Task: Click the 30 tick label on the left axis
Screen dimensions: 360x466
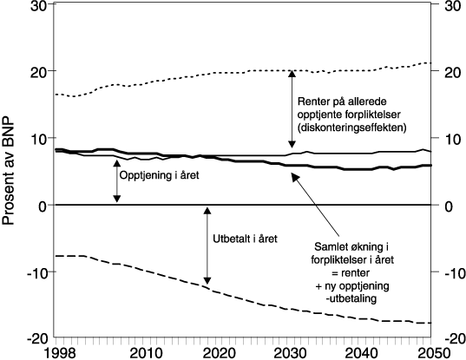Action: [x=38, y=5]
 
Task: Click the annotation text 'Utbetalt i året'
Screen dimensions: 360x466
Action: [x=245, y=238]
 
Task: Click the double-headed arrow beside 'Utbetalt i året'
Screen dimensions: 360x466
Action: [x=207, y=245]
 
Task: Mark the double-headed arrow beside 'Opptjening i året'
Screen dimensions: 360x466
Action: [x=117, y=180]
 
